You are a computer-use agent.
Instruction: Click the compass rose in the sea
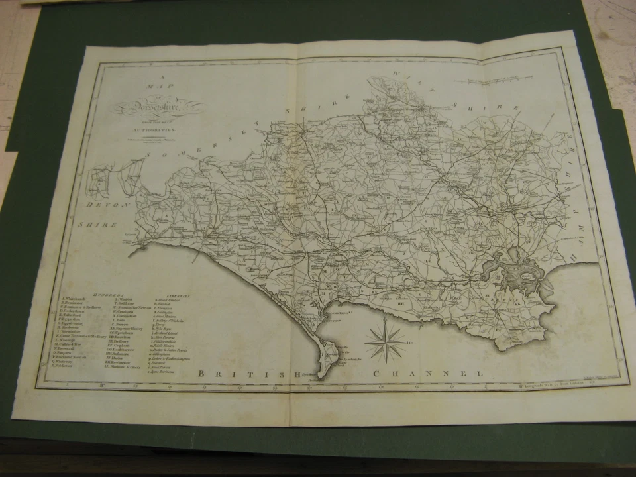point(386,341)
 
